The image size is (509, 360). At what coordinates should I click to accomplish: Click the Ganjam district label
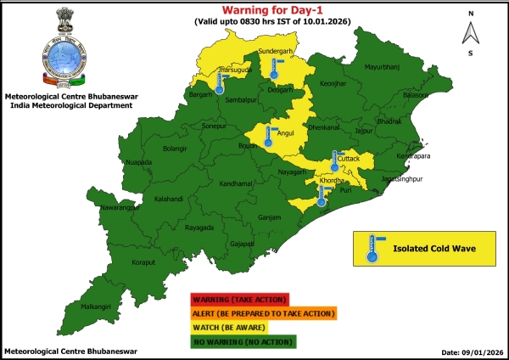[x=269, y=217]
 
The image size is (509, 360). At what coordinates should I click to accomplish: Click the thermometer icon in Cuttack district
[x=336, y=161]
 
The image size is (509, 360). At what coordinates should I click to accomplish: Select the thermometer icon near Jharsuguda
[x=220, y=82]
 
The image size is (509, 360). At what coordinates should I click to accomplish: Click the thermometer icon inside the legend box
[x=372, y=249]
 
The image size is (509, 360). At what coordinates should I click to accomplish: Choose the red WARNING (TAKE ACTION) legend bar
[x=240, y=300]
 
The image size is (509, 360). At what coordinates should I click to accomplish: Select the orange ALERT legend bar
[x=263, y=313]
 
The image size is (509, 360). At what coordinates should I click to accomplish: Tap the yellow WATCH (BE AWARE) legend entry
[x=229, y=327]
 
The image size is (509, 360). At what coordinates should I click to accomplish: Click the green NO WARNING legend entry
[x=243, y=340]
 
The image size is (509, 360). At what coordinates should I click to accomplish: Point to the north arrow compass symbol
[x=469, y=34]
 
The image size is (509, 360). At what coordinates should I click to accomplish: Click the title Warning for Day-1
[x=271, y=9]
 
